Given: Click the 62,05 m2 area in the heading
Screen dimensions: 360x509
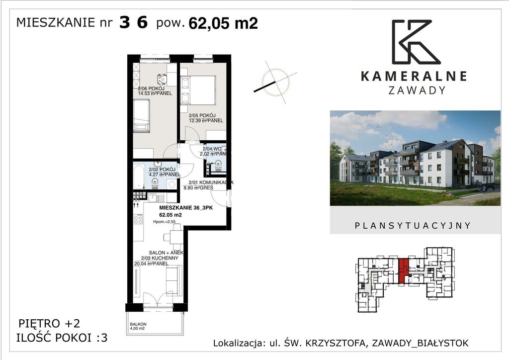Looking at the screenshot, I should tap(223, 23).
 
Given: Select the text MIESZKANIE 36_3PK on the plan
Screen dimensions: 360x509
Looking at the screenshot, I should tap(185, 208).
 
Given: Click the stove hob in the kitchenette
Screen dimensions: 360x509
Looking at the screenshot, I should tap(138, 218).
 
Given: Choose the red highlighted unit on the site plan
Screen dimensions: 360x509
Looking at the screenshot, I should tap(404, 270).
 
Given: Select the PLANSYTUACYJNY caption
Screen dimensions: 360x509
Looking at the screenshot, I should tap(413, 225).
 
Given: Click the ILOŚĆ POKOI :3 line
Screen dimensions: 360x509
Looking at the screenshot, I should tap(62, 338).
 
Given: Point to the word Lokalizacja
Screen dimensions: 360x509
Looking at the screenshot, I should tap(237, 343).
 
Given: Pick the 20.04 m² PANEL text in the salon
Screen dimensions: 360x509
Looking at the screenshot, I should tap(151, 264).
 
